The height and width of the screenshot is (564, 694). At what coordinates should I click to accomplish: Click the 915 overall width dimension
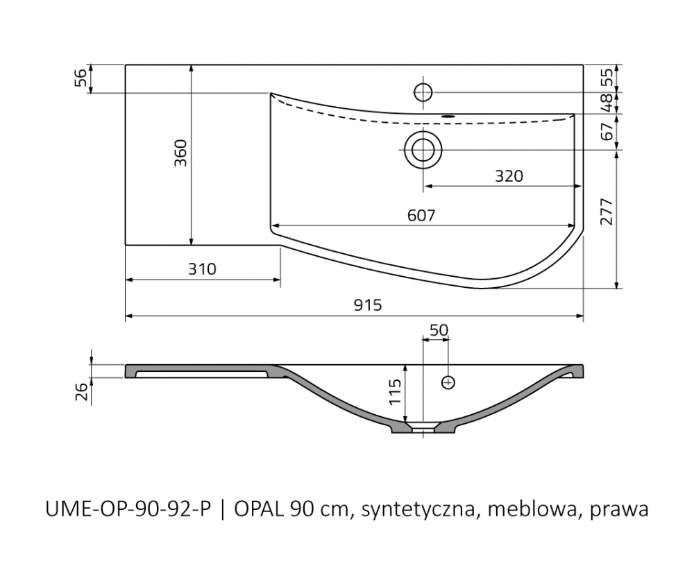368,305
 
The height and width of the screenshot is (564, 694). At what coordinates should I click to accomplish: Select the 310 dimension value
202,269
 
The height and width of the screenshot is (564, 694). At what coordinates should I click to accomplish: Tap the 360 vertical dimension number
180,153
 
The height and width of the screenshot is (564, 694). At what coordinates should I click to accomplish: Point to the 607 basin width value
421,216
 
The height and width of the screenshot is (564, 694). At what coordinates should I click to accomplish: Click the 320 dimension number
509,176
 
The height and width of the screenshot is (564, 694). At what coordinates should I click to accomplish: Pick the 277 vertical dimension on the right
607,212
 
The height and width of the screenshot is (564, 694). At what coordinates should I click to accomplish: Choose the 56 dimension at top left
81,79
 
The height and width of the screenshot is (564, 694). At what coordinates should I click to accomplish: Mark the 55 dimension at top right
608,78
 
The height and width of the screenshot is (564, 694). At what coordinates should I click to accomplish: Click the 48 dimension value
608,103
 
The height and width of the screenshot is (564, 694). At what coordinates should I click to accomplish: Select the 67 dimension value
608,131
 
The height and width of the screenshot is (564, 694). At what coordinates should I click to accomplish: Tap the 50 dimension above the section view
439,330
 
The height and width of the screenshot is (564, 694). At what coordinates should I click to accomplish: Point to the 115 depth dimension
395,392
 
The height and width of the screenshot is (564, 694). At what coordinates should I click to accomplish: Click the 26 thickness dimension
81,392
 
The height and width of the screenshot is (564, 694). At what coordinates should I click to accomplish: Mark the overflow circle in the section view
448,382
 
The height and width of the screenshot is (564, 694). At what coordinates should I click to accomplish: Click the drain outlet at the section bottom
423,427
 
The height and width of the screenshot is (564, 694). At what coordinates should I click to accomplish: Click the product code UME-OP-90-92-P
128,510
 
